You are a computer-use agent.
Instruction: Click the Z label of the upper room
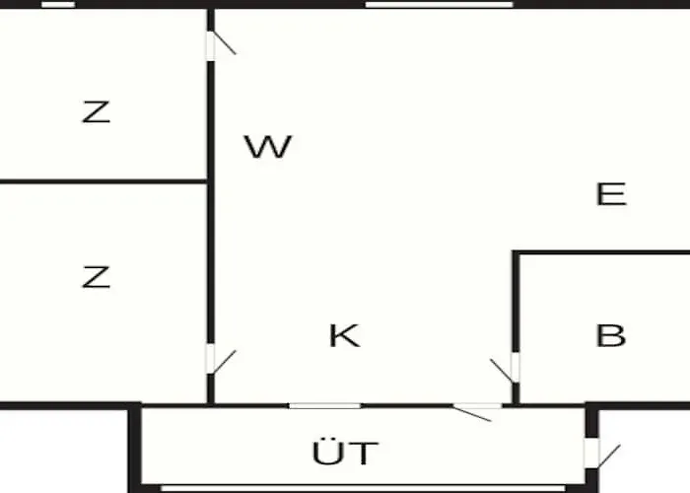(x=96, y=111)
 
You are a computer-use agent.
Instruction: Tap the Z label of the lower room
(x=96, y=277)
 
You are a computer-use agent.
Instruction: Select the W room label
(x=268, y=146)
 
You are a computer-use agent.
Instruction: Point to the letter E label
(x=611, y=193)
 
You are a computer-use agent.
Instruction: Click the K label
(x=344, y=335)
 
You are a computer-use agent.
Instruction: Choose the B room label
(x=611, y=335)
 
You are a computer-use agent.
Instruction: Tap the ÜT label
(x=345, y=452)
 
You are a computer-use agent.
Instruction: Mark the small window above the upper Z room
(x=58, y=5)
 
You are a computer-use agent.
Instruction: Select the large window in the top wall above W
(x=440, y=5)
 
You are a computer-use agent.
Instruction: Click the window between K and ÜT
(x=324, y=406)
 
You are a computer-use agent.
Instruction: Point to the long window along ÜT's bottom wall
(x=363, y=489)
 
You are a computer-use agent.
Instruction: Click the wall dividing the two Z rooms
(x=103, y=181)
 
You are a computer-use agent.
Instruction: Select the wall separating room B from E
(x=600, y=252)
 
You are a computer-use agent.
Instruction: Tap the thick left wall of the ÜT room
(x=134, y=448)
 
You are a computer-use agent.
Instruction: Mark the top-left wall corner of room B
(x=516, y=253)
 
